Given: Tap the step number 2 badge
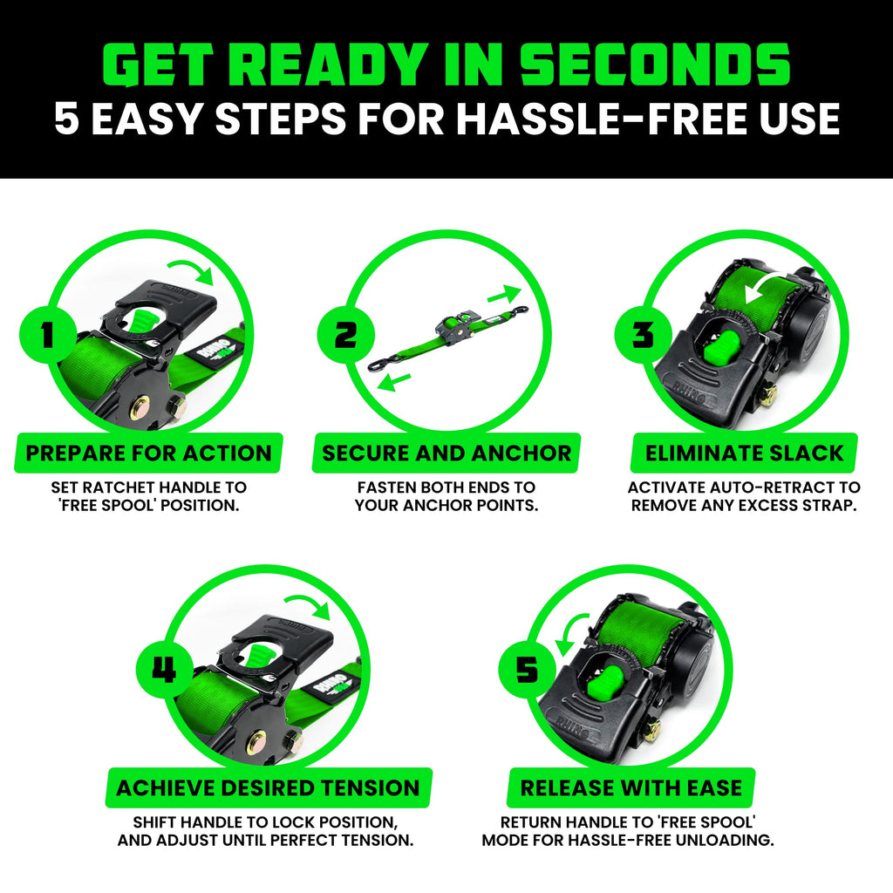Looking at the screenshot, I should pos(345,334).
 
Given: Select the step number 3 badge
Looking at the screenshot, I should pos(643,334).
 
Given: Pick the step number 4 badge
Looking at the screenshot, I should pos(164,670).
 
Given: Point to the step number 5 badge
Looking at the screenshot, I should pos(527,670).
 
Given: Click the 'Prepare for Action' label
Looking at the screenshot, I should pos(148,453).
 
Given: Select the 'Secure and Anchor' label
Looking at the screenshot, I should pos(446,453).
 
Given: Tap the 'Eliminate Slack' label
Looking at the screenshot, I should pos(744,453).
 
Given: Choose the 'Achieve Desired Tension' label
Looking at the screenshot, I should pos(268,788).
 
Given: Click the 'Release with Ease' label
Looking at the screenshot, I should pos(631,788).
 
